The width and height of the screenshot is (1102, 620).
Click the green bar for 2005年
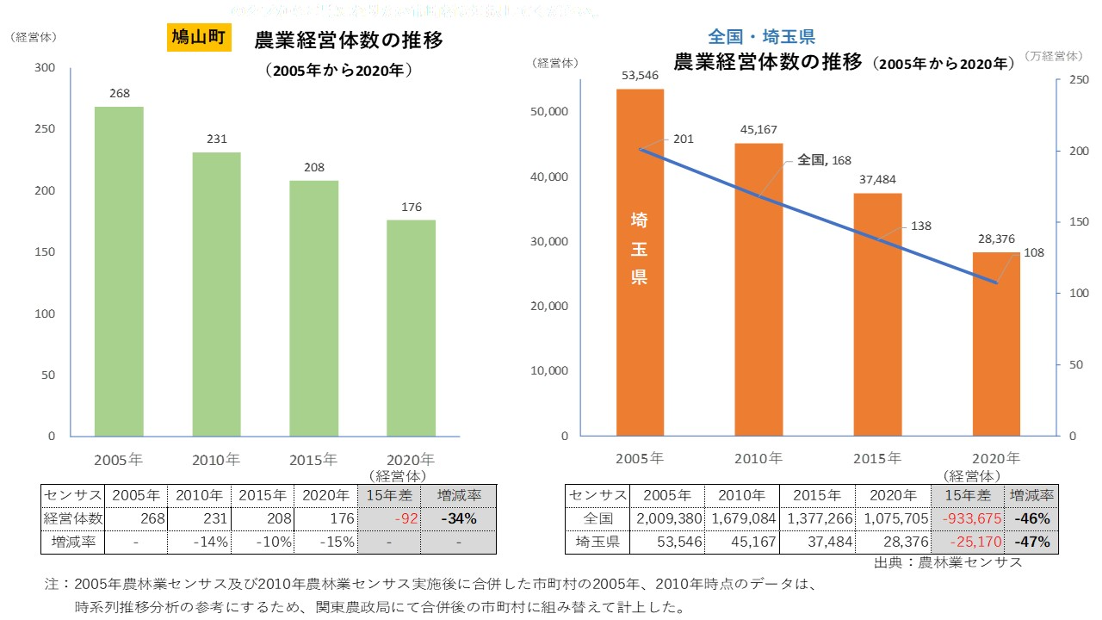click(x=119, y=271)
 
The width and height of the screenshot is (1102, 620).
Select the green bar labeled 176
click(x=411, y=327)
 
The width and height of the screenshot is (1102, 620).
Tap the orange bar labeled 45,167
click(x=758, y=288)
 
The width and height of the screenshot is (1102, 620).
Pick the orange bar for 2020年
click(x=996, y=344)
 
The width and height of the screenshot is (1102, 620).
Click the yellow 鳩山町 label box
click(x=198, y=39)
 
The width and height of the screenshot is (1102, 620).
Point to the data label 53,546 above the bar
click(x=640, y=75)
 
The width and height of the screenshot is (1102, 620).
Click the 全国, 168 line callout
click(x=824, y=159)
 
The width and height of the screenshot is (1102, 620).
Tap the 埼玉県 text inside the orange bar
click(x=640, y=249)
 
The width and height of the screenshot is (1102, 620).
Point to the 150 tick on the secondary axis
click(x=1073, y=222)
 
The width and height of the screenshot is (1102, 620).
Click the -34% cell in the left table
click(x=465, y=519)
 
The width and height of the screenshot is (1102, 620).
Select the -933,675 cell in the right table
click(x=969, y=519)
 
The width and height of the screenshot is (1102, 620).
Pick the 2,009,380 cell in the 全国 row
click(x=667, y=519)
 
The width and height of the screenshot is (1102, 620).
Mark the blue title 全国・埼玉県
click(x=761, y=36)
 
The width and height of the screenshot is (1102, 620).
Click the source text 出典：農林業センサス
click(x=948, y=562)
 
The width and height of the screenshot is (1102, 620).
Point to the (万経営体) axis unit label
click(x=1054, y=56)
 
